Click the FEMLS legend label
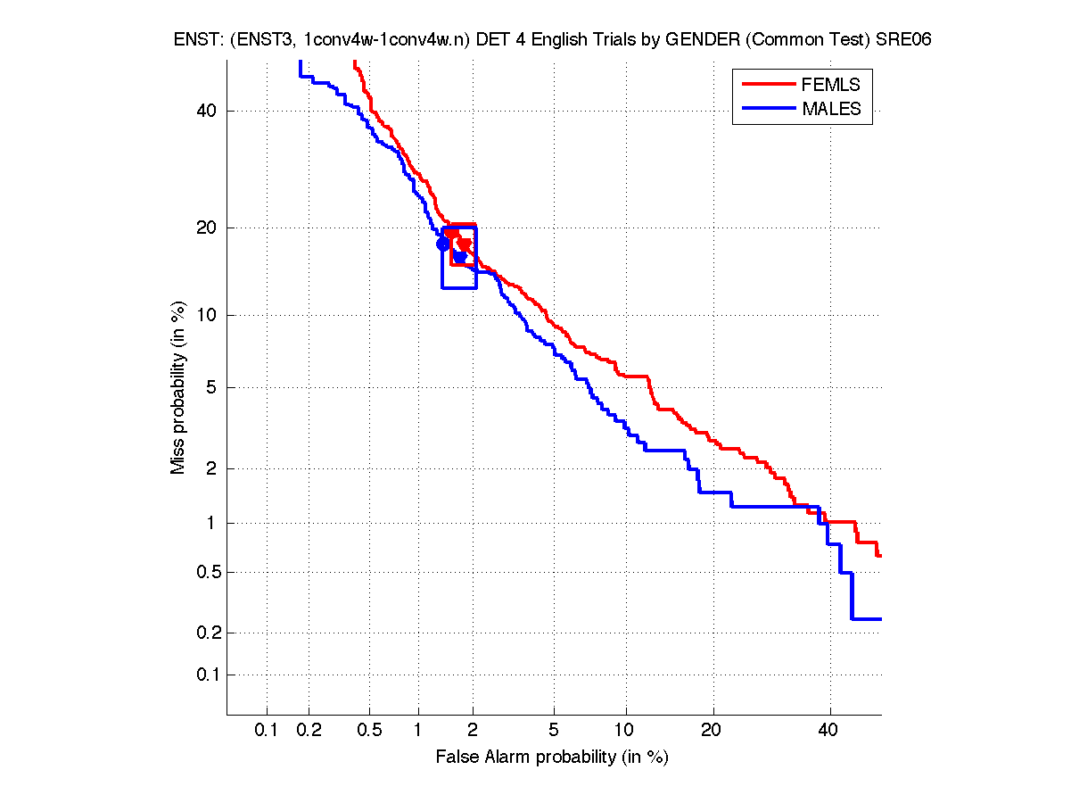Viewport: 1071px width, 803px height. pos(831,85)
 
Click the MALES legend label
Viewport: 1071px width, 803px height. pos(831,109)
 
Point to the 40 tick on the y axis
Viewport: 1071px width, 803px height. pos(207,112)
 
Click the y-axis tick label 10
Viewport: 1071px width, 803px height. pos(207,315)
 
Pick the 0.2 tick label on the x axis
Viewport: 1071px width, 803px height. pos(309,731)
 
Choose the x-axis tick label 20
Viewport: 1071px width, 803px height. pos(711,731)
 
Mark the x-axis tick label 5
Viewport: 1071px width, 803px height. pos(554,731)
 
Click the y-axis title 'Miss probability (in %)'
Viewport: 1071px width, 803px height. pos(178,388)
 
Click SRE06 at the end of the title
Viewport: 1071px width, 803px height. pos(902,40)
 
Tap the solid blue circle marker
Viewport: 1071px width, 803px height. pos(442,244)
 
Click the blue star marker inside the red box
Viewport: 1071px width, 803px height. pos(460,257)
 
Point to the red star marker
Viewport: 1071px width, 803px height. pos(465,244)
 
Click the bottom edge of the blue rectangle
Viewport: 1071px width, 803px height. pos(459,287)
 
